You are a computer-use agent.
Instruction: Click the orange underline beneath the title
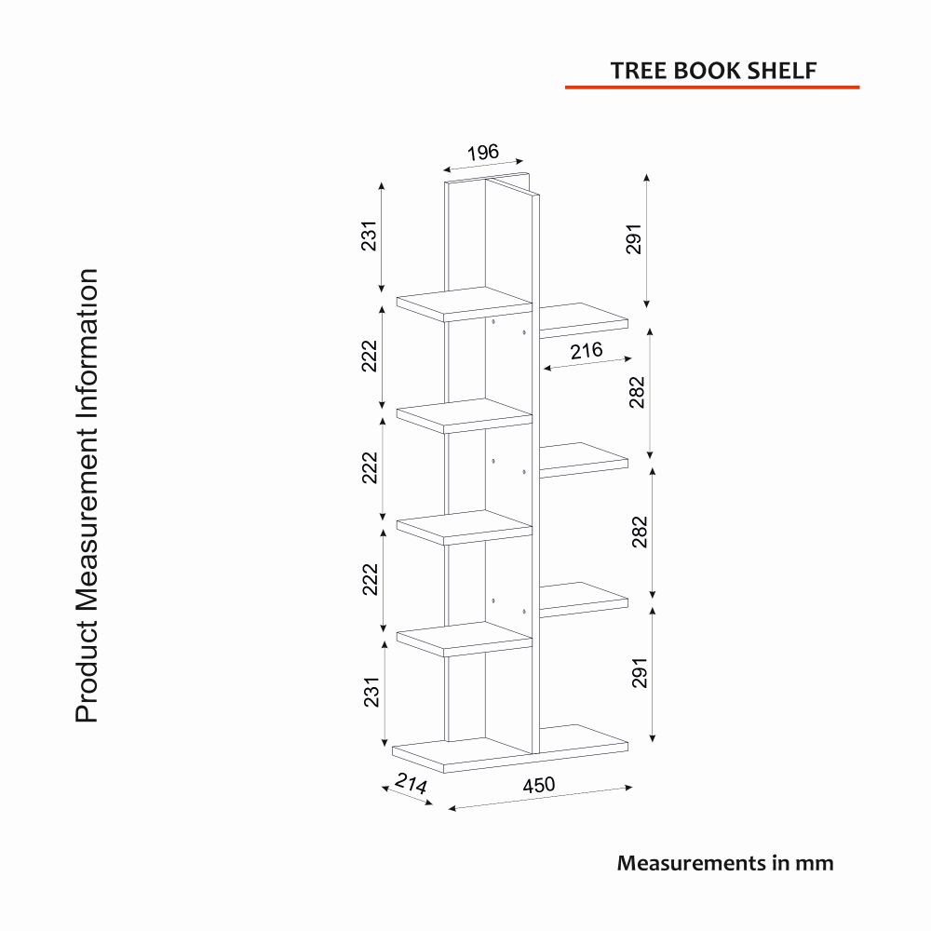[712, 88]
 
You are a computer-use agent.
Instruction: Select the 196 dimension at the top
[482, 153]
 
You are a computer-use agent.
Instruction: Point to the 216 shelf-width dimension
[587, 351]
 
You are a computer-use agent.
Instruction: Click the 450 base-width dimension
[538, 785]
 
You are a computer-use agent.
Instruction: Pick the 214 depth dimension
[411, 783]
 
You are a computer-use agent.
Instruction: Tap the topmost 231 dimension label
[370, 236]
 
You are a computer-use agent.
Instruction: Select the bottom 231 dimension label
[371, 692]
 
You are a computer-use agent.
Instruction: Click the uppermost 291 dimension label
[634, 238]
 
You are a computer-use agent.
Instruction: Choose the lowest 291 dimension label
[640, 673]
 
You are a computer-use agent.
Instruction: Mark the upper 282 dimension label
[637, 392]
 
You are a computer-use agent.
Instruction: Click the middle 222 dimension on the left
[370, 467]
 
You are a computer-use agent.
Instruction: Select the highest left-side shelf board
[465, 304]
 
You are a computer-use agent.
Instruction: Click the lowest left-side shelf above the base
[465, 639]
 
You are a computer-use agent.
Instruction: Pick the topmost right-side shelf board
[584, 320]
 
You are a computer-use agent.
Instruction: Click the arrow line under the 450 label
[540, 798]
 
